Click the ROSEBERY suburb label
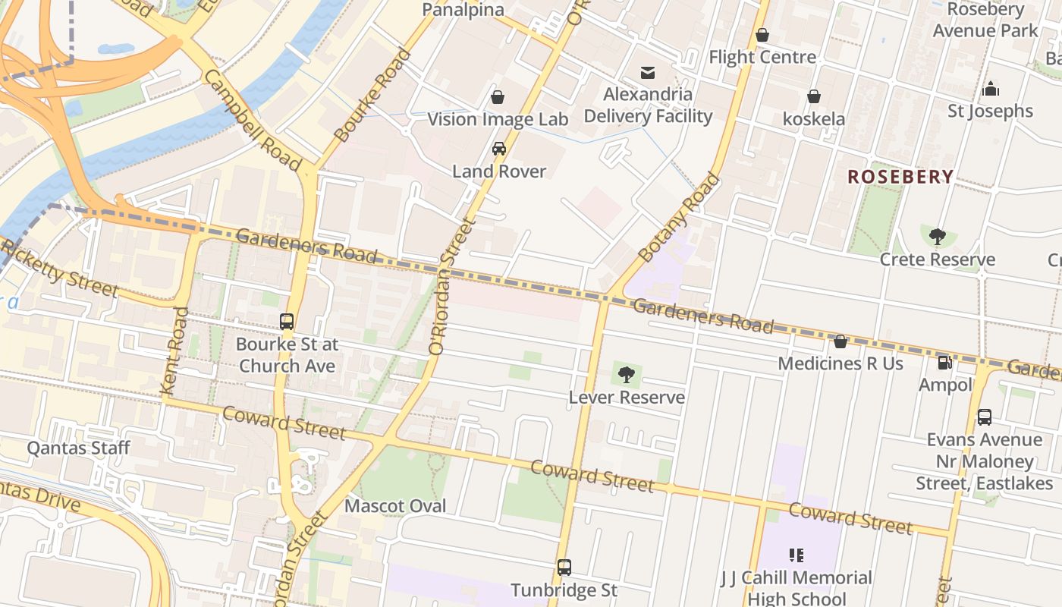pos(900,177)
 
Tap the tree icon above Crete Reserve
pos(938,237)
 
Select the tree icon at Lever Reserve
pos(626,374)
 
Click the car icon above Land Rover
pos(498,149)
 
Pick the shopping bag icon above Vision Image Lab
pos(498,97)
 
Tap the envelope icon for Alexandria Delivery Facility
pos(648,73)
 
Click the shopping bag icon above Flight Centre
pos(762,35)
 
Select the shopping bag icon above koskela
pos(814,97)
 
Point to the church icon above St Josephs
pos(990,90)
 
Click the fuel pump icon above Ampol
pos(944,363)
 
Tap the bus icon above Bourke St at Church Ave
pos(287,322)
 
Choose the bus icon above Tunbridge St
pos(564,568)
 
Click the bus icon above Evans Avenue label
pos(984,417)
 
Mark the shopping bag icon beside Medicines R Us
pos(840,342)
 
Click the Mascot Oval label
pos(395,505)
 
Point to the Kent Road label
pos(174,351)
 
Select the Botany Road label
pos(680,219)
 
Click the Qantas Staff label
pos(79,448)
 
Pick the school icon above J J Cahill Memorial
pos(796,555)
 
